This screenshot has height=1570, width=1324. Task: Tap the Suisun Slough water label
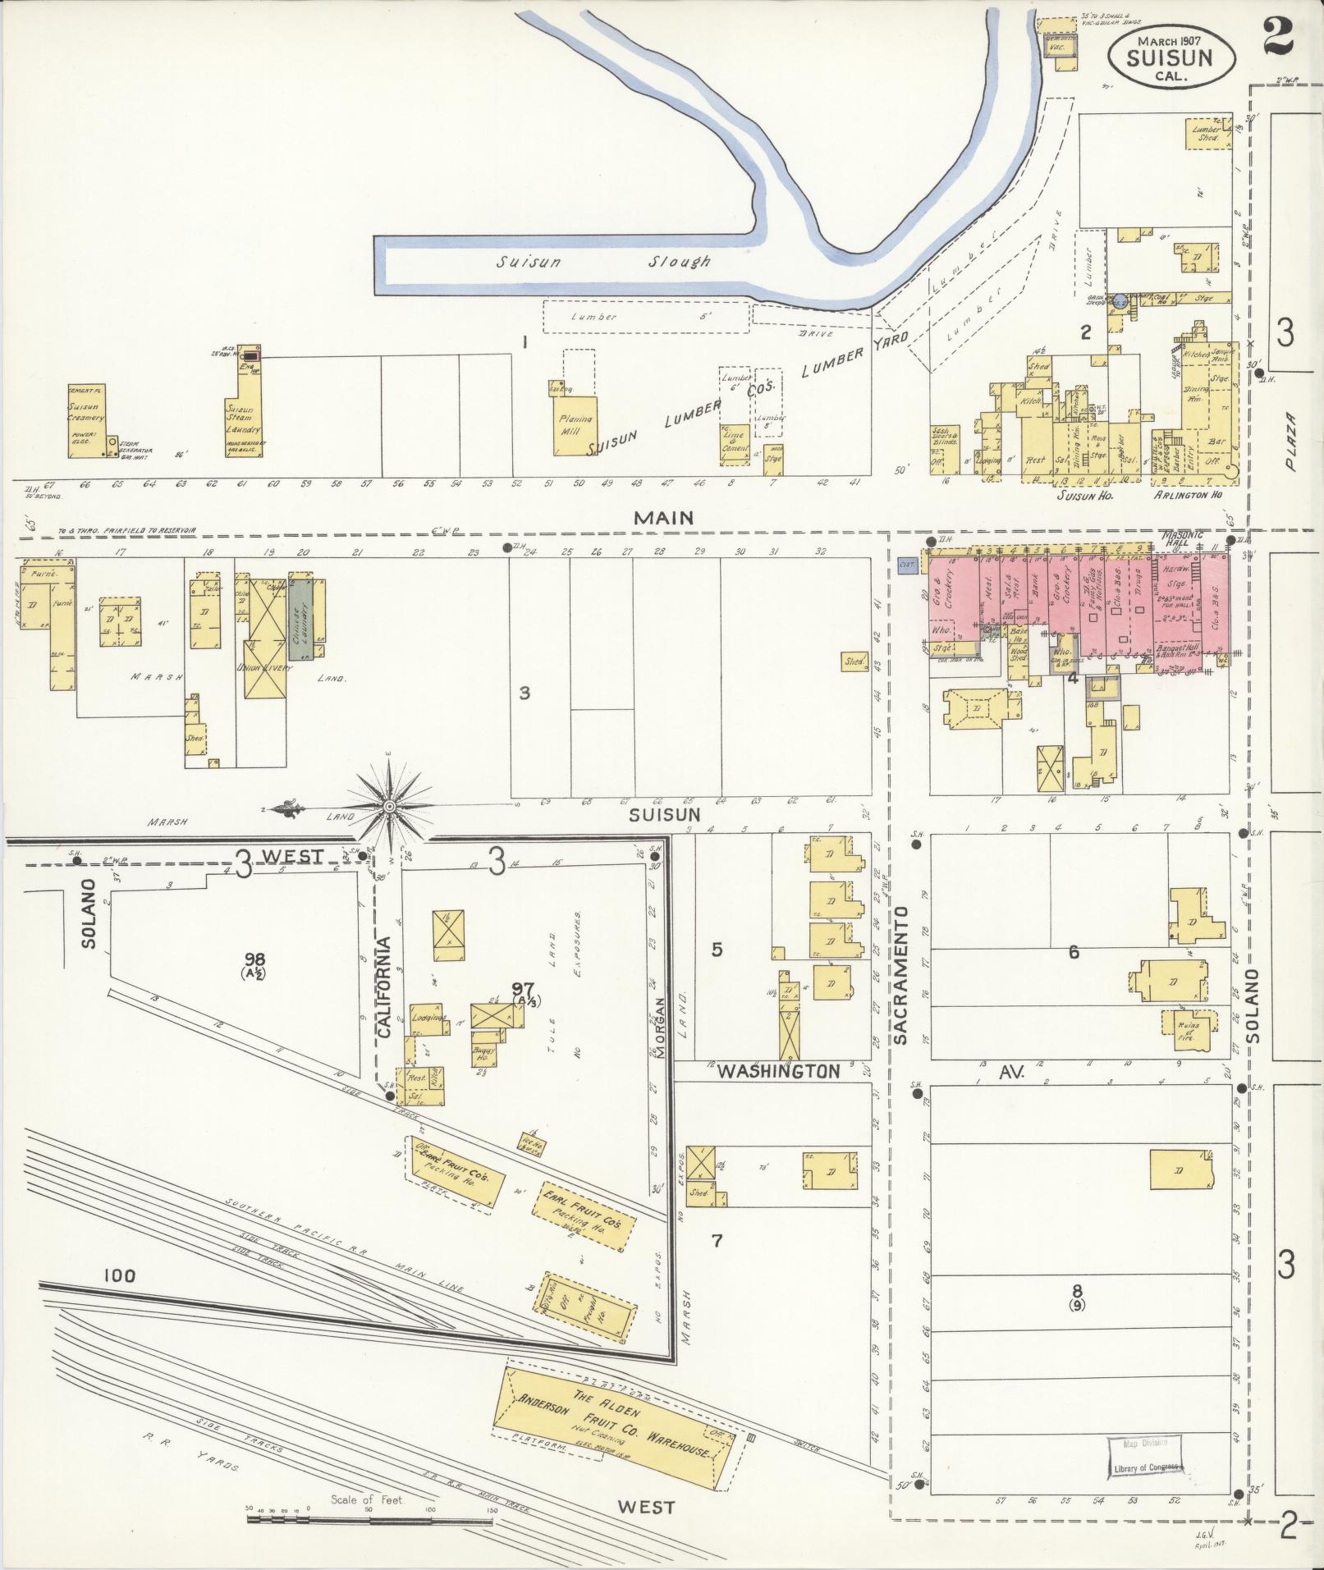pos(602,262)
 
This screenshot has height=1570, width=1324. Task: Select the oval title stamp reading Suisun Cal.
pos(1171,55)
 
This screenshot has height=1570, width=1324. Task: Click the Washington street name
pos(779,1071)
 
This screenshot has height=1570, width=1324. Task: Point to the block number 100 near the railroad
pos(119,1298)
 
